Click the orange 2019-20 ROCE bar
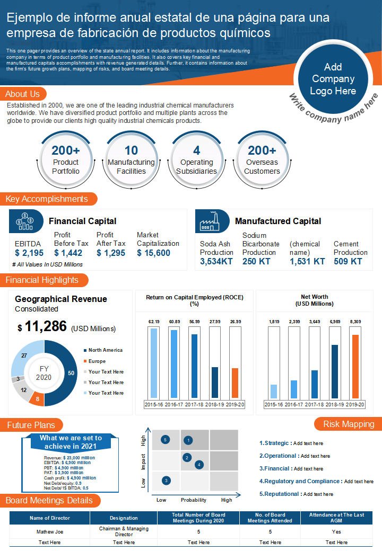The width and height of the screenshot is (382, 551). click(x=235, y=383)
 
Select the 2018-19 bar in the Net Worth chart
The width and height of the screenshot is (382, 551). click(x=335, y=371)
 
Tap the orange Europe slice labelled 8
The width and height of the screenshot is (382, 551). click(x=37, y=398)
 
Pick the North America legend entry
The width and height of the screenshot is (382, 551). click(x=103, y=350)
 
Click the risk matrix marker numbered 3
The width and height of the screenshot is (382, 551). click(x=166, y=481)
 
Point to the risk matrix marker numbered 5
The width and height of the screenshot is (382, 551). click(x=166, y=440)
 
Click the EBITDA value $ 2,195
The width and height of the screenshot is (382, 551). click(x=29, y=253)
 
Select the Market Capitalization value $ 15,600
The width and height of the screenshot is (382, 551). click(x=153, y=253)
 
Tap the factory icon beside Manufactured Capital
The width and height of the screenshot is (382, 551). click(x=210, y=221)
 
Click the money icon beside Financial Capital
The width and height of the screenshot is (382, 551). click(x=24, y=221)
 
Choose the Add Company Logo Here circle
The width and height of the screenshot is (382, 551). click(x=333, y=79)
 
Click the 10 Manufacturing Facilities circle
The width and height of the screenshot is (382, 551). click(x=131, y=161)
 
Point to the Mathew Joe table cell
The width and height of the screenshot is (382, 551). click(x=50, y=532)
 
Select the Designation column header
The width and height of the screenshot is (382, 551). click(x=124, y=518)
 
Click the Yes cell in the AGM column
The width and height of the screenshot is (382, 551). click(x=336, y=532)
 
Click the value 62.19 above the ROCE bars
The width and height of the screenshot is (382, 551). click(x=154, y=322)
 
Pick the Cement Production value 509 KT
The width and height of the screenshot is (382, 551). click(x=348, y=261)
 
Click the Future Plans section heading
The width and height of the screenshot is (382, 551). click(x=31, y=425)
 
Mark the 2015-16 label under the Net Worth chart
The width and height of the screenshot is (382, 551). click(x=274, y=404)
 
